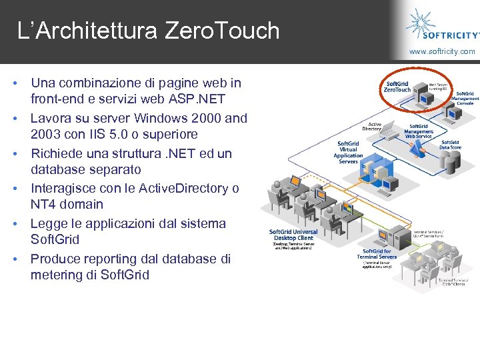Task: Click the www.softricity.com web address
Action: (x=442, y=51)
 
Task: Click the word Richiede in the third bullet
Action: (x=56, y=153)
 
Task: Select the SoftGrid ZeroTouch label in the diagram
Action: (x=398, y=87)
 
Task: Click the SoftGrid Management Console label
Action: (x=464, y=99)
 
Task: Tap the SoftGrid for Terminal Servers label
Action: (x=377, y=253)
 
